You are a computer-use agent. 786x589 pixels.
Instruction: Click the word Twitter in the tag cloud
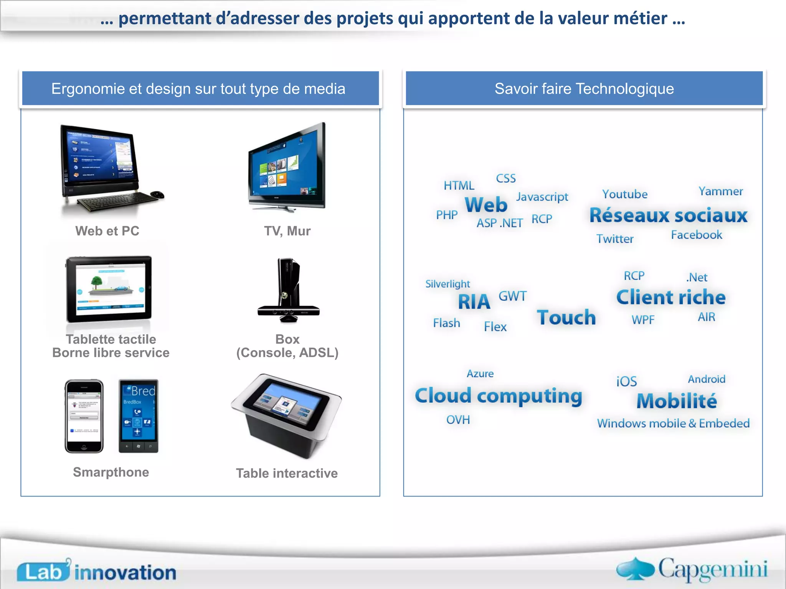(614, 239)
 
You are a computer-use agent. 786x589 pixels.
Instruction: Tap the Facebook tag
(696, 235)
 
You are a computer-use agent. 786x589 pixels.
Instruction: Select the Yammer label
(720, 191)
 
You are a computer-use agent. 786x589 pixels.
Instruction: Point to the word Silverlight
(447, 284)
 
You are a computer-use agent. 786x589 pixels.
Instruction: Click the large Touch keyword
(566, 318)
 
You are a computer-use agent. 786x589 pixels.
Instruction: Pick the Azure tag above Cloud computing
(480, 373)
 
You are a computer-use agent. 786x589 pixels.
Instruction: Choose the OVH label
(458, 420)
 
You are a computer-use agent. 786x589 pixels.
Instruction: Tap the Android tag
(706, 379)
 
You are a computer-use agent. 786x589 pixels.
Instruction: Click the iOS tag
(626, 382)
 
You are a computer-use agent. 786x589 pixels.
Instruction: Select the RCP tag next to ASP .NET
(542, 219)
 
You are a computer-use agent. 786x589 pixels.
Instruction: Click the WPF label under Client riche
(643, 319)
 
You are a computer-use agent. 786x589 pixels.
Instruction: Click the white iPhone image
(84, 416)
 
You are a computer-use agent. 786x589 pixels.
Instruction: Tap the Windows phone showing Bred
(138, 416)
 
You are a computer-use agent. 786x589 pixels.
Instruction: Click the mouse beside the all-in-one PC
(157, 194)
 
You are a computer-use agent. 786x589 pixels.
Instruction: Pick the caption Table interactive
(287, 473)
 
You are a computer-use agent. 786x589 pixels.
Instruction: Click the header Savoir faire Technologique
(584, 89)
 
